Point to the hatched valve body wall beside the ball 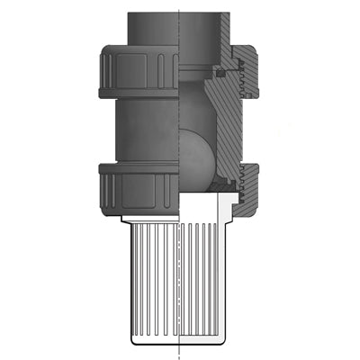(x=229, y=126)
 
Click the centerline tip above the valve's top (x=180, y=6)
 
